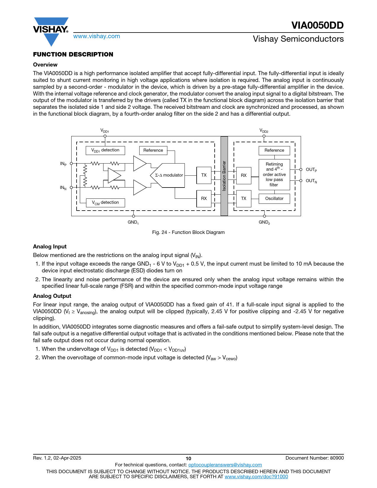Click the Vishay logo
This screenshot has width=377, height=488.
(51, 31)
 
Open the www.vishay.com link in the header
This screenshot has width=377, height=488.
(97, 36)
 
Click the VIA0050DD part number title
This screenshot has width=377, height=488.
(317, 25)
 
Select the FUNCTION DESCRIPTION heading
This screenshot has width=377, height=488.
(73, 54)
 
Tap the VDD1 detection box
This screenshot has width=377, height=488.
(105, 150)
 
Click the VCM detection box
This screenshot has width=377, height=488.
(105, 203)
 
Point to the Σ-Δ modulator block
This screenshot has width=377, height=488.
(169, 175)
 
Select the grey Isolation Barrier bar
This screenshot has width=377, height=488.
(224, 176)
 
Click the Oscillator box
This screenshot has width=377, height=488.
(274, 198)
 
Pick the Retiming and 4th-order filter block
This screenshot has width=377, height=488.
(274, 174)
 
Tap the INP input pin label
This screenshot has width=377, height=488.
(63, 164)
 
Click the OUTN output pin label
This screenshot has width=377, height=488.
(311, 181)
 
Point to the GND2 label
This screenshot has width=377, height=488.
(264, 222)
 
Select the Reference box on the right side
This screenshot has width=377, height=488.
(274, 150)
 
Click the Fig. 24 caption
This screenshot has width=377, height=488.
(188, 232)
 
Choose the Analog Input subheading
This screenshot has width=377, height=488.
(50, 247)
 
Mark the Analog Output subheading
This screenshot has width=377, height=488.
(52, 296)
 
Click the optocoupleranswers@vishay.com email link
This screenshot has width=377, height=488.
(225, 465)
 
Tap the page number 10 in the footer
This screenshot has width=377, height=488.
(188, 458)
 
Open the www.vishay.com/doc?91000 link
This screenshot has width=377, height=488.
(256, 476)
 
